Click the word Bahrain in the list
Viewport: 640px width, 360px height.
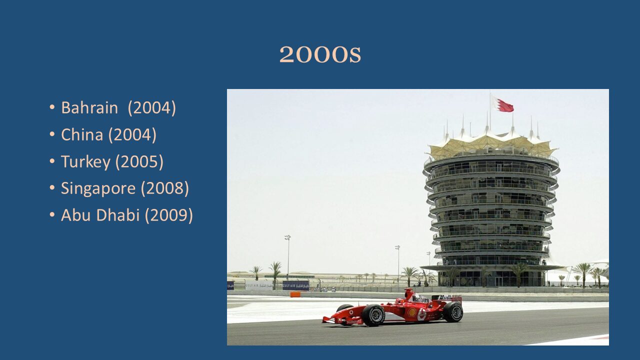point(89,107)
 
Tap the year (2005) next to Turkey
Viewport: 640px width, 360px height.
point(139,161)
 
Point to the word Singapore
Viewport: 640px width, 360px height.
point(98,188)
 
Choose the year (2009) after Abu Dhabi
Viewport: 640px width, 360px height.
point(168,215)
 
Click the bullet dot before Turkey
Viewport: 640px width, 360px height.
point(52,161)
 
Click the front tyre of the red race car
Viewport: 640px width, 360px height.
point(373,315)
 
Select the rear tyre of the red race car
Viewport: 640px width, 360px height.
point(453,312)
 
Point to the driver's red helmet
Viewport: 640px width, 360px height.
point(399,301)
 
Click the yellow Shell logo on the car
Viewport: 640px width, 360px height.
point(412,312)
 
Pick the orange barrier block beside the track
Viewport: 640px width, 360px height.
point(295,294)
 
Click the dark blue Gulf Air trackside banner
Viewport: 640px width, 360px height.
point(295,285)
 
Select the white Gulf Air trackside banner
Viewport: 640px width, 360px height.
point(259,286)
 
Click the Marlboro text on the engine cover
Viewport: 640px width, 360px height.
point(420,299)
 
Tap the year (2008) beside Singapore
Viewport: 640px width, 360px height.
point(165,188)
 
